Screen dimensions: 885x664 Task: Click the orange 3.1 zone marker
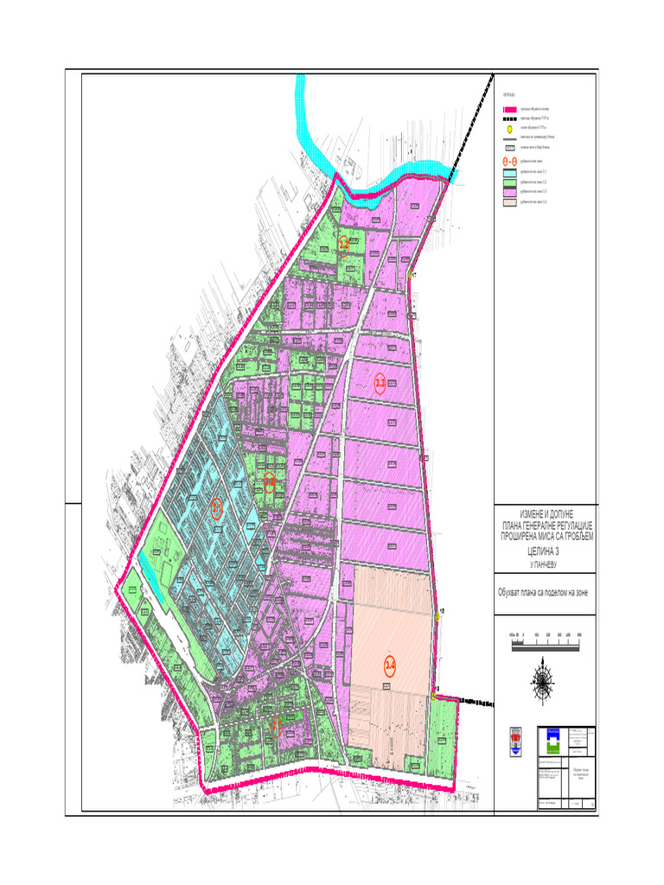tap(216, 507)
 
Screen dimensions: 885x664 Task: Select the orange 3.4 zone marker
tap(389, 665)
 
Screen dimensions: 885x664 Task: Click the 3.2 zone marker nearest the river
tap(344, 245)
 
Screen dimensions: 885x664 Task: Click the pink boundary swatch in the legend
tap(509, 110)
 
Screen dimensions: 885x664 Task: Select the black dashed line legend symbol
tap(509, 119)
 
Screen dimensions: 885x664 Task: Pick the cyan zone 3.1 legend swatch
tap(509, 172)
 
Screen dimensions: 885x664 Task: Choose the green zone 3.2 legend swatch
tap(509, 182)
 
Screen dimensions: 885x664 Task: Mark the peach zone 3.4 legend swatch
tap(509, 203)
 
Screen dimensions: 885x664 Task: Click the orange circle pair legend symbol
tap(509, 161)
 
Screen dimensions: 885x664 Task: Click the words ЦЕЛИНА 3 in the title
tap(545, 550)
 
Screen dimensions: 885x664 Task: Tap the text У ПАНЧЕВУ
tap(545, 563)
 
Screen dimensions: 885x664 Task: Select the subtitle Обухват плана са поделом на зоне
tap(545, 592)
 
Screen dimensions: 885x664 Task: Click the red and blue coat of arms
tap(514, 741)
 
